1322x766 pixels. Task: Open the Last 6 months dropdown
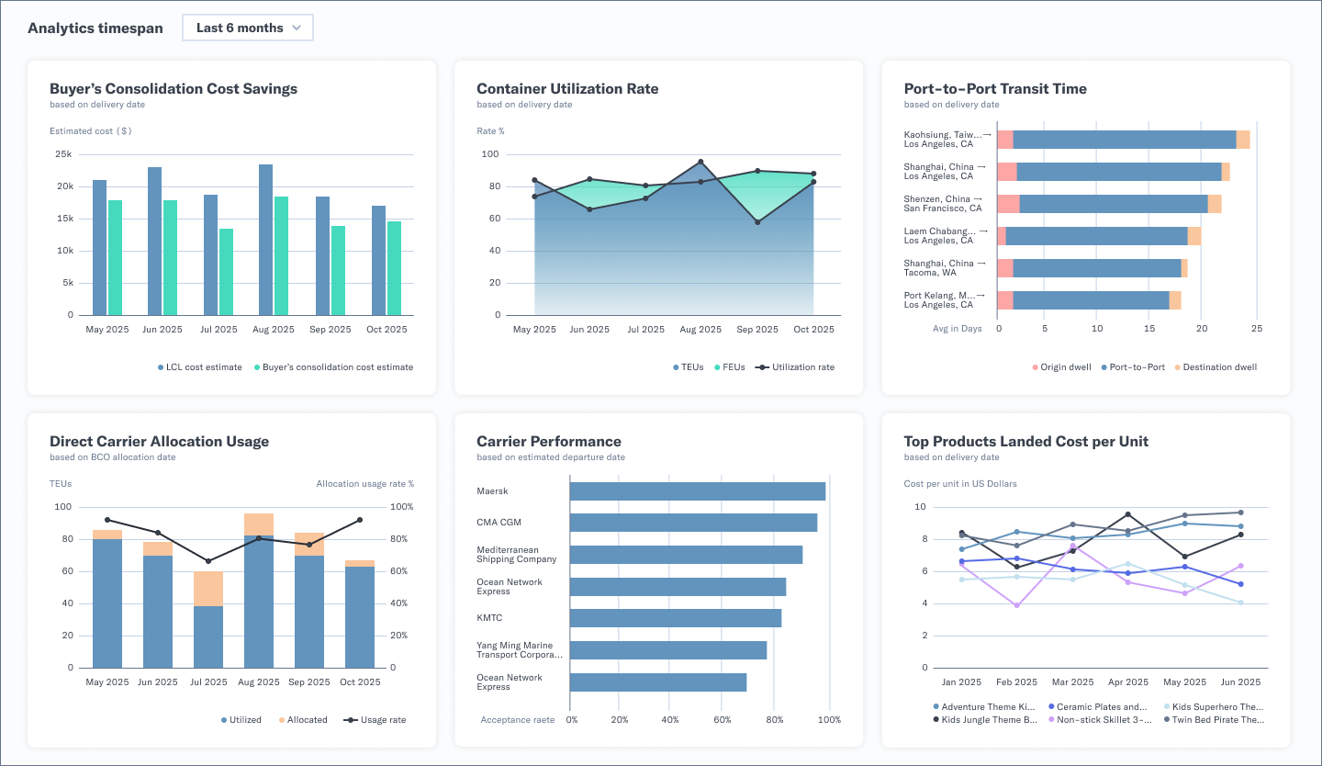click(248, 28)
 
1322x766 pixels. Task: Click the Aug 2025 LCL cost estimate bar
click(265, 240)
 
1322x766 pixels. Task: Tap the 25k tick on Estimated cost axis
click(63, 154)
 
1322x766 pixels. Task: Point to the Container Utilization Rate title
click(566, 89)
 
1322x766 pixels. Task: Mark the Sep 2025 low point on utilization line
click(757, 222)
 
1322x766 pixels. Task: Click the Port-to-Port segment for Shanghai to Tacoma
click(1096, 267)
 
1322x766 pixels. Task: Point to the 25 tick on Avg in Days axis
click(1257, 328)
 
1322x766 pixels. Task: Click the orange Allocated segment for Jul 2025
click(208, 589)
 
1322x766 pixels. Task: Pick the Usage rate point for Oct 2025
click(360, 520)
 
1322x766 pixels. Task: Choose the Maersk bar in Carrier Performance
click(697, 491)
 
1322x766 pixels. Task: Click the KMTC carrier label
click(489, 618)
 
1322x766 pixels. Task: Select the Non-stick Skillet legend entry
click(1092, 720)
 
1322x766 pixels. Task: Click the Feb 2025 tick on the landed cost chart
click(1016, 682)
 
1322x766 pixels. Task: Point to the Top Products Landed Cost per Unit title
click(1025, 442)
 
